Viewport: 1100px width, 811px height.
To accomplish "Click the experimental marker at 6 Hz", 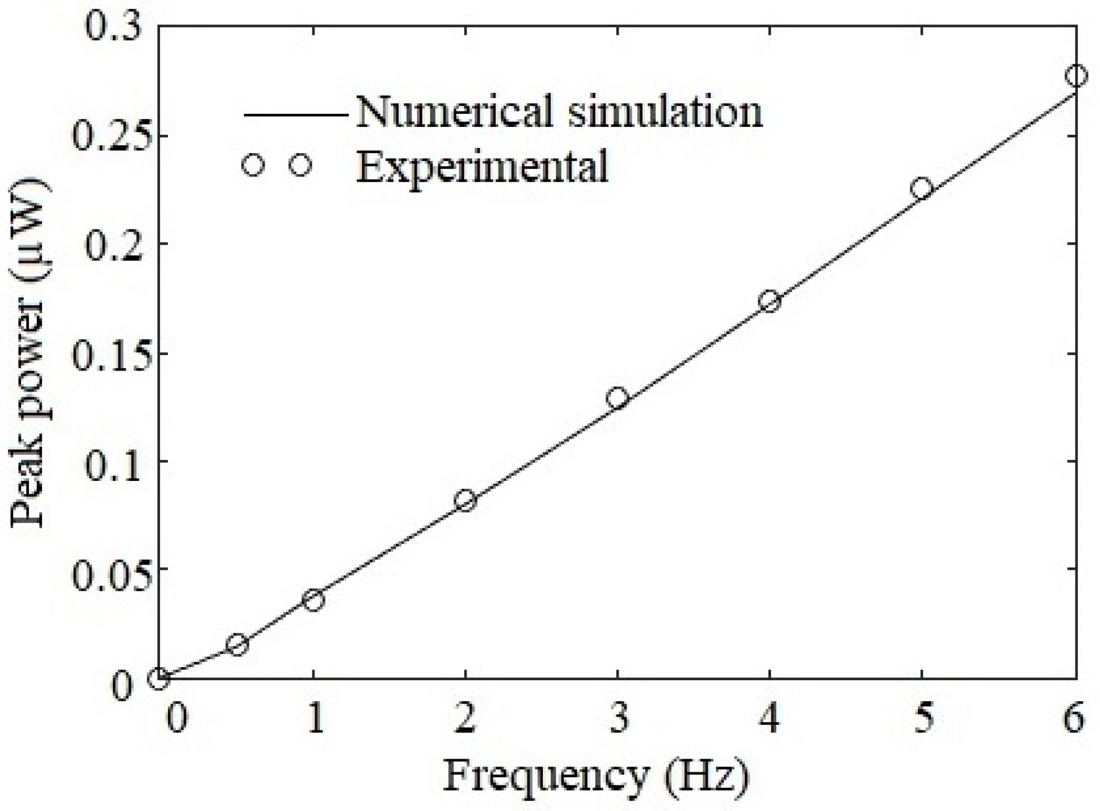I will coord(1075,76).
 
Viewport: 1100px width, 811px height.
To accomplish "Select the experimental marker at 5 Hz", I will coord(921,188).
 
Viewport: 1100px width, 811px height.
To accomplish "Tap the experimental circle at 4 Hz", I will coord(769,301).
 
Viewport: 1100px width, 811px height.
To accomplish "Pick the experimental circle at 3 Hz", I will coord(617,398).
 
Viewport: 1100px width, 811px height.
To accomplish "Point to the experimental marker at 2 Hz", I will coord(465,500).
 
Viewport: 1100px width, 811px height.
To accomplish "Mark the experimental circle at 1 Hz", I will coord(314,600).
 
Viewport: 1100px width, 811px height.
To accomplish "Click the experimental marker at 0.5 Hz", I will coord(237,644).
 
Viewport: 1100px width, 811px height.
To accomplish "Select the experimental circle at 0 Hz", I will coord(159,678).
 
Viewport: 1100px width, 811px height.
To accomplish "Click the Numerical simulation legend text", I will coord(559,112).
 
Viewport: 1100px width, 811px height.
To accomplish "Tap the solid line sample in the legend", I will coord(296,116).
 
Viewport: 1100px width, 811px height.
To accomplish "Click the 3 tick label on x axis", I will coord(618,718).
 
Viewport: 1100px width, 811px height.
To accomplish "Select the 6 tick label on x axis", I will coord(1073,718).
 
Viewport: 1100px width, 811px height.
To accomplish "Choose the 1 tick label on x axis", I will coord(315,718).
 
